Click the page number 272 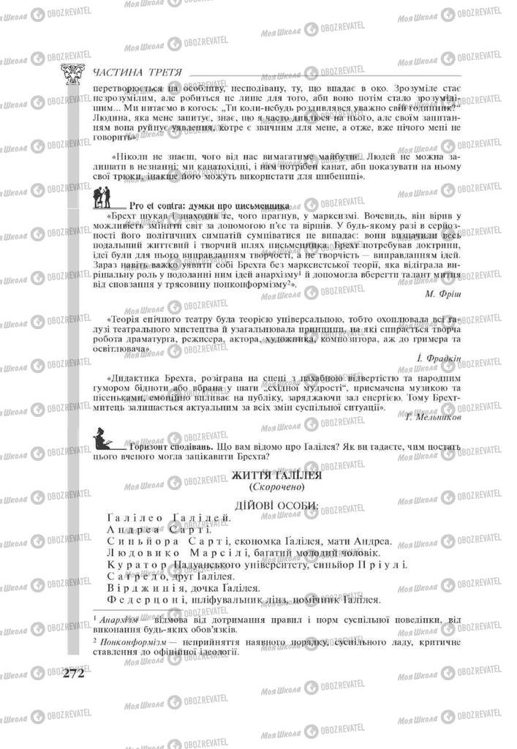pos(73,673)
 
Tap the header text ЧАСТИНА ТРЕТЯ pos(138,71)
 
